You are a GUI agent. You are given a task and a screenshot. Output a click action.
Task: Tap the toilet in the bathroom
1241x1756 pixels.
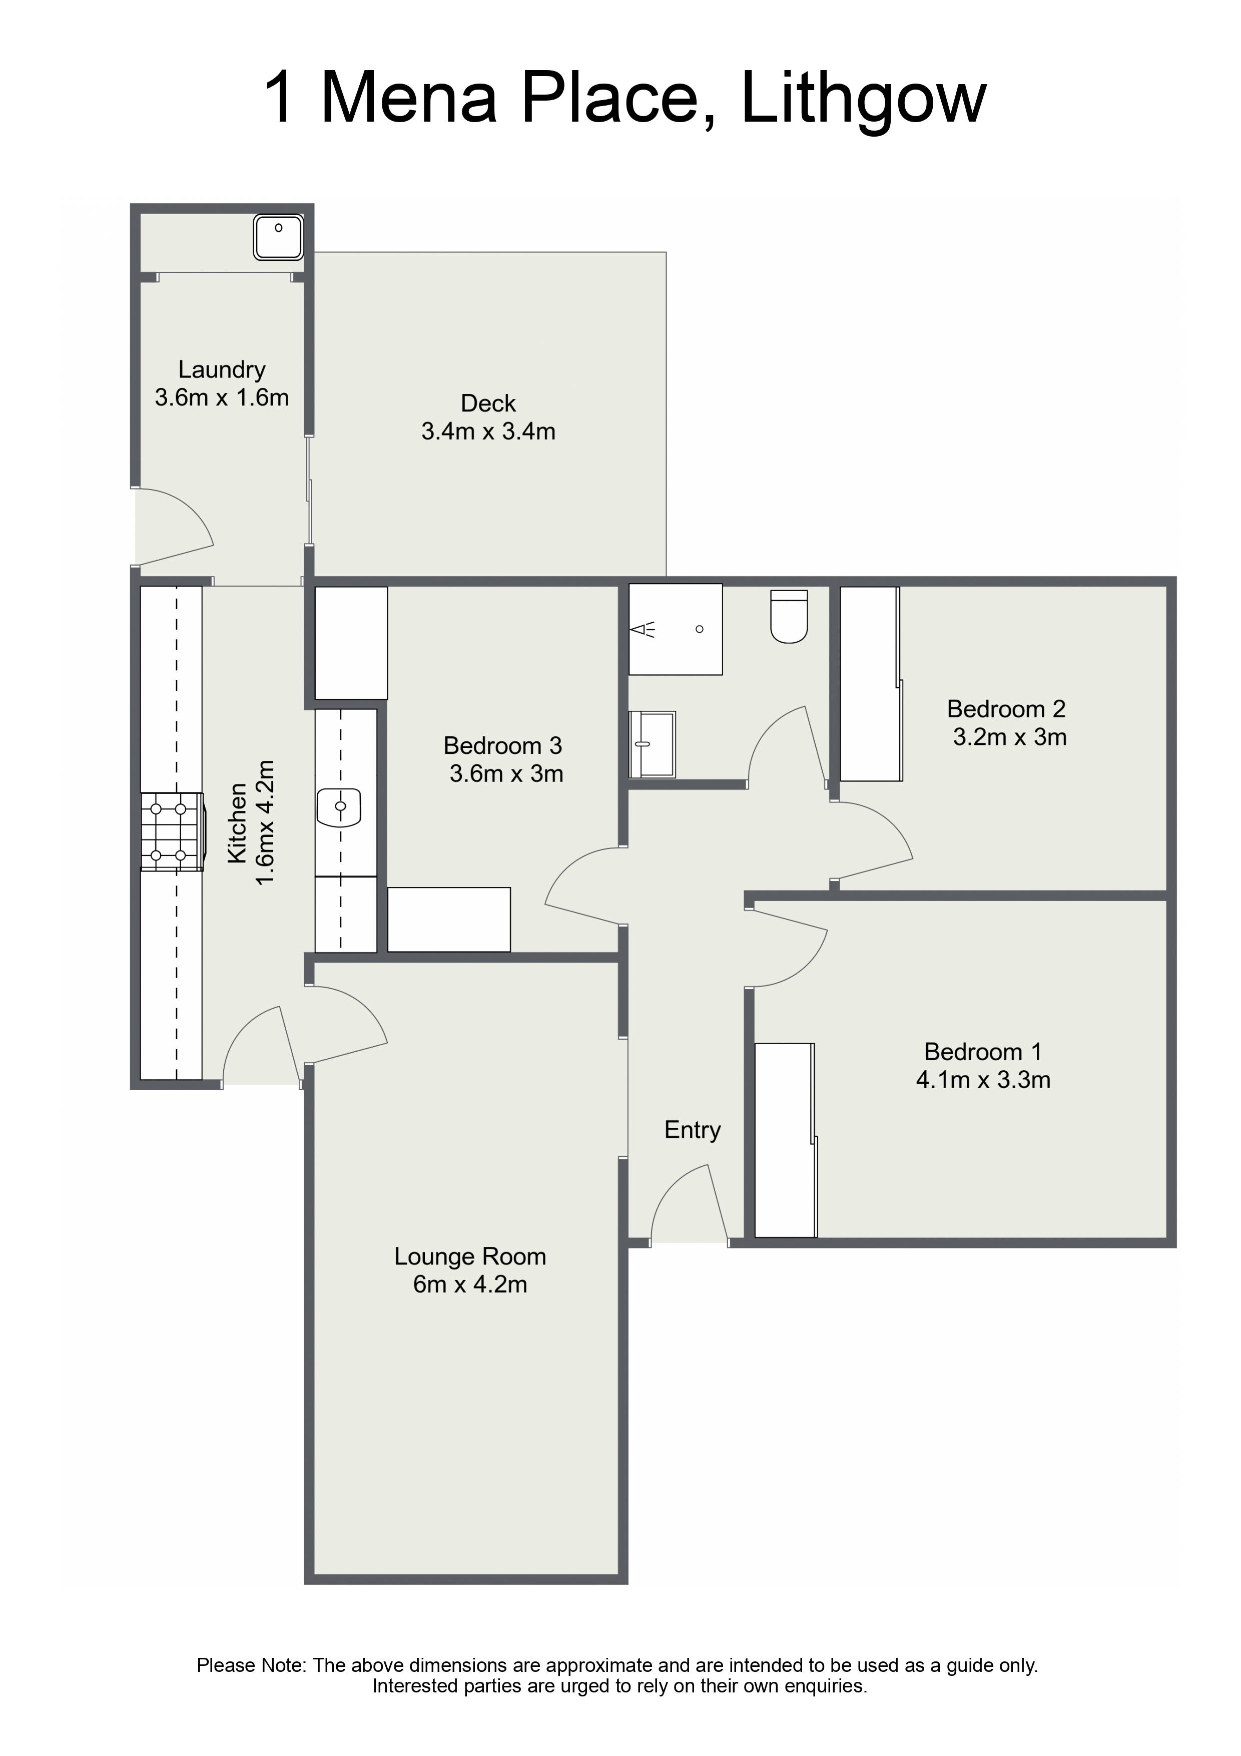[x=789, y=616]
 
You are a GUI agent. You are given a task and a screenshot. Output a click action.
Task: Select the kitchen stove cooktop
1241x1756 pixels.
[x=173, y=831]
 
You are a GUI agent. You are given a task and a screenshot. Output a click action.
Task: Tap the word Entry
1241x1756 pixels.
[x=692, y=1130]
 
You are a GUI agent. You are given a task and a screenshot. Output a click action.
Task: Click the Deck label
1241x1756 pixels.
[x=488, y=403]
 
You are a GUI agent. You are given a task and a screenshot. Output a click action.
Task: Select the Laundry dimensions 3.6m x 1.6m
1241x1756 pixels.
[x=222, y=397]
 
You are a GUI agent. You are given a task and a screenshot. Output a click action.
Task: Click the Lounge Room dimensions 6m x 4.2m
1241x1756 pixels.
[x=470, y=1284]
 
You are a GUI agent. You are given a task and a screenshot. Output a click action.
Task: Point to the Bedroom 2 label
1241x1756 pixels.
[x=1006, y=709]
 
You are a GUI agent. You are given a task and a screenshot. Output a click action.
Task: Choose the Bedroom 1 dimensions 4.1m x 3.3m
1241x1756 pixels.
[x=983, y=1080]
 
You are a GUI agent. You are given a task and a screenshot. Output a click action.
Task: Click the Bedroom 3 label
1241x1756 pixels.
[x=502, y=746]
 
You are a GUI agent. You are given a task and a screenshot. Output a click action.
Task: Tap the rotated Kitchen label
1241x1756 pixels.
[x=237, y=823]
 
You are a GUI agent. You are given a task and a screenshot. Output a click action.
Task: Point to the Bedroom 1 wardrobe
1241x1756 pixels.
[x=785, y=1140]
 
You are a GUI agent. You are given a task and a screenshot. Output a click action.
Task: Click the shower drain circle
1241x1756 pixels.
[x=699, y=629]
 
